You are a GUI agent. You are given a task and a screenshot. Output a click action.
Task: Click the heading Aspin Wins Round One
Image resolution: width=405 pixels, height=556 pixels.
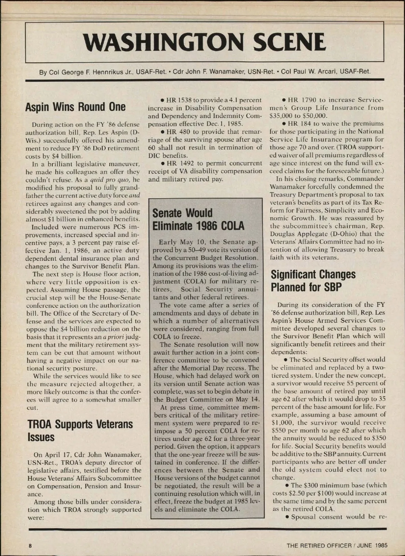[75, 107]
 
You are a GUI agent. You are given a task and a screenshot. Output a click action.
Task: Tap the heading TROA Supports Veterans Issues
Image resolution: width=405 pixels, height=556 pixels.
[80, 430]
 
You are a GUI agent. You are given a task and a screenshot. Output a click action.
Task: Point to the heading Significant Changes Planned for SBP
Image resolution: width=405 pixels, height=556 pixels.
[313, 281]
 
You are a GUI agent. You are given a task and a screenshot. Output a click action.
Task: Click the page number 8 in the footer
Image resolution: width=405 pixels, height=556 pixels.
[30, 545]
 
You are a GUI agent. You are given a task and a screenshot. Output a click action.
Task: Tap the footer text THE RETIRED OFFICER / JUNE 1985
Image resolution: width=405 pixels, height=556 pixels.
[336, 545]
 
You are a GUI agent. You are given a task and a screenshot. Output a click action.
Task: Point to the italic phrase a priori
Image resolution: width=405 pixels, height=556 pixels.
[110, 337]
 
